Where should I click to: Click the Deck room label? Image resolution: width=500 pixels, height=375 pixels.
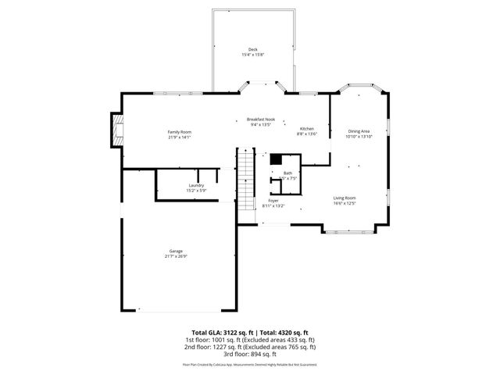tap(253, 49)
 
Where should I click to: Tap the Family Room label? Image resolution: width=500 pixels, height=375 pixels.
tap(180, 132)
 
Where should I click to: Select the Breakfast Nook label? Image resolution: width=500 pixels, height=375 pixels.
tap(262, 120)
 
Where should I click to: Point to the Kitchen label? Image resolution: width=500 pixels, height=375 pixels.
tap(308, 128)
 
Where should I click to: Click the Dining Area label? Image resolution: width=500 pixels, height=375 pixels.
tap(359, 131)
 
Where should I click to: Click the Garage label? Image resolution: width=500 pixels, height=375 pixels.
tap(177, 251)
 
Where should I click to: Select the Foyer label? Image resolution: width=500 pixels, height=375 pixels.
tap(273, 201)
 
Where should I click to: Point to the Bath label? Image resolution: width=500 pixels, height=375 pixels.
tap(287, 173)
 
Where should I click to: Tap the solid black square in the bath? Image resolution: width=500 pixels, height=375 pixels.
tap(275, 159)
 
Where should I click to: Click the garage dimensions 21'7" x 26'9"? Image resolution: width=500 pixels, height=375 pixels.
tap(177, 256)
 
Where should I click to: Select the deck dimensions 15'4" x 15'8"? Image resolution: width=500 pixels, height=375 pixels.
tap(253, 55)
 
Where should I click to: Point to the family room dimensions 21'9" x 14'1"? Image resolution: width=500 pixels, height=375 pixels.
tap(180, 137)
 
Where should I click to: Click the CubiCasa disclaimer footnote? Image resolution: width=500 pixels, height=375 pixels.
tap(250, 364)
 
